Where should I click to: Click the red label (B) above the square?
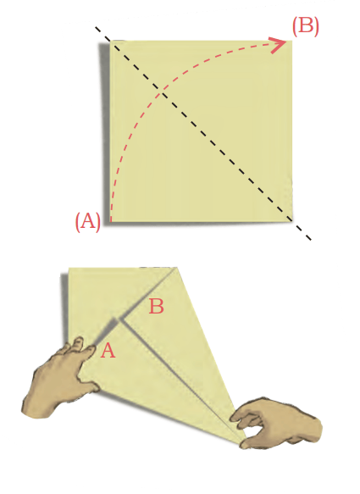305,25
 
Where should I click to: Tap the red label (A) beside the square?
88,221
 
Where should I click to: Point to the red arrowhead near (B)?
279,45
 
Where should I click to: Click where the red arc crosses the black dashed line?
162,92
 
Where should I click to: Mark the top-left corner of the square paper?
110,41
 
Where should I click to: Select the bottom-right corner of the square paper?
292,221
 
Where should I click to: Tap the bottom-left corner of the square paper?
110,221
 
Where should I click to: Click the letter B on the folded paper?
156,306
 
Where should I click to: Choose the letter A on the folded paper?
108,350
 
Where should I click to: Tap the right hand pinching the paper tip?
277,424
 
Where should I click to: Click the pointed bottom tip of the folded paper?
246,439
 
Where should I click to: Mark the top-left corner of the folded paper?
69,268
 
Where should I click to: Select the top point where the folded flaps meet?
177,268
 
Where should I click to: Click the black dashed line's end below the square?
311,240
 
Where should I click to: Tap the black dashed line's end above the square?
96,27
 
